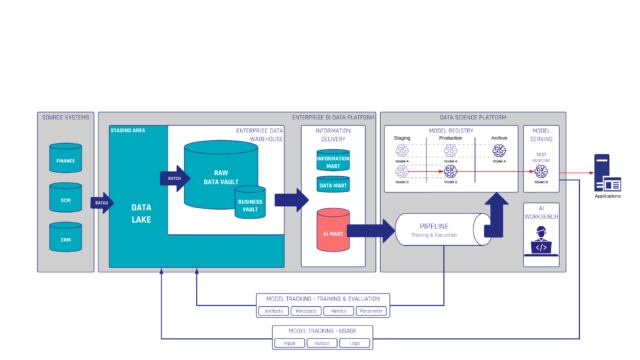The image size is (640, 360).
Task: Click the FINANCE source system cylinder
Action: coord(67,159)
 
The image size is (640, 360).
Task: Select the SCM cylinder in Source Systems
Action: coord(66,199)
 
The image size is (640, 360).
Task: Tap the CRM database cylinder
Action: coord(66,238)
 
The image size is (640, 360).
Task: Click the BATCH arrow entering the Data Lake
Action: coord(101,203)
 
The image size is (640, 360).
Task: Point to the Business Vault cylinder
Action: coord(249,203)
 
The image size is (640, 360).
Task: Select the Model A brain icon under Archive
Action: coord(498,150)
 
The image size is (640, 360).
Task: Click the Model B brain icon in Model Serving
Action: coord(540,173)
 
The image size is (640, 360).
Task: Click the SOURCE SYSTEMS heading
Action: coord(65,118)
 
